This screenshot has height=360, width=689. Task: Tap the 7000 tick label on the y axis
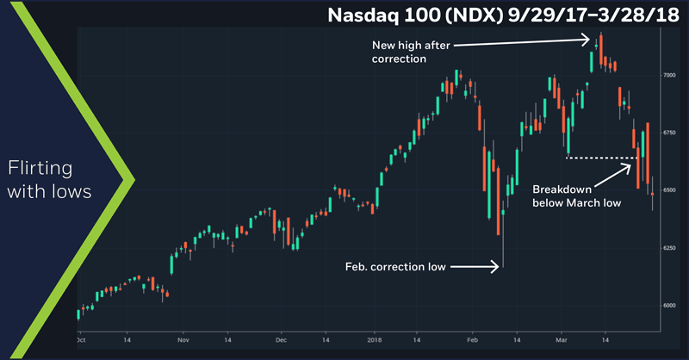click(669, 75)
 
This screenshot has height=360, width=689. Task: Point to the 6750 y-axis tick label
click(669, 133)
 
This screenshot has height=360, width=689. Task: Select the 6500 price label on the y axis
click(669, 190)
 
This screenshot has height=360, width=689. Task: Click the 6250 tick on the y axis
click(669, 248)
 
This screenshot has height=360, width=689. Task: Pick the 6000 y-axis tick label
click(669, 306)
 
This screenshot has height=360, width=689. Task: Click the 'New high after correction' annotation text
click(412, 52)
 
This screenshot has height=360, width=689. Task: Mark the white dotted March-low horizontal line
click(600, 158)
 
